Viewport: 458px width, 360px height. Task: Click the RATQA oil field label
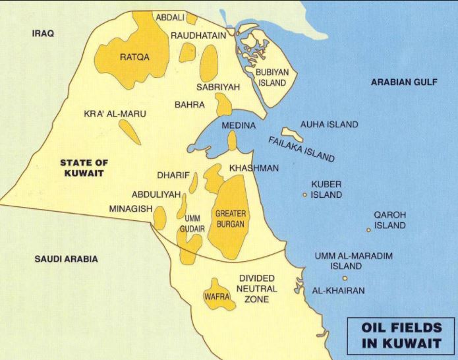[x=134, y=57]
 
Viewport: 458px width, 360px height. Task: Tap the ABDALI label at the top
[x=171, y=16]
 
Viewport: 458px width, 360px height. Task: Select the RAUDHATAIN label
[x=198, y=35]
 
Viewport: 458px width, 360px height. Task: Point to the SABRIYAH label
[x=218, y=86]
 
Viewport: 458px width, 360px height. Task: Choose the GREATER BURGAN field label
[x=230, y=219]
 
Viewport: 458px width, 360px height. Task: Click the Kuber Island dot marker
[x=304, y=195]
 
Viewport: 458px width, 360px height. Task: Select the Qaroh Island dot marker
[x=368, y=229]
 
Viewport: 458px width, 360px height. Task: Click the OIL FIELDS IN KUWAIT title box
[x=400, y=335]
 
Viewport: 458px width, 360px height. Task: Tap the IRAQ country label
[x=43, y=32]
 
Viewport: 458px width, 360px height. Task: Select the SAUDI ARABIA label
[x=66, y=259]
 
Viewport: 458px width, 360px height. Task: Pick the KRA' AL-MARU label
[x=115, y=113]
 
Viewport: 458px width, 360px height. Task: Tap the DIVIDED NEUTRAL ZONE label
[x=258, y=289]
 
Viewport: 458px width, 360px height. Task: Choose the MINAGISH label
[x=130, y=208]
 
